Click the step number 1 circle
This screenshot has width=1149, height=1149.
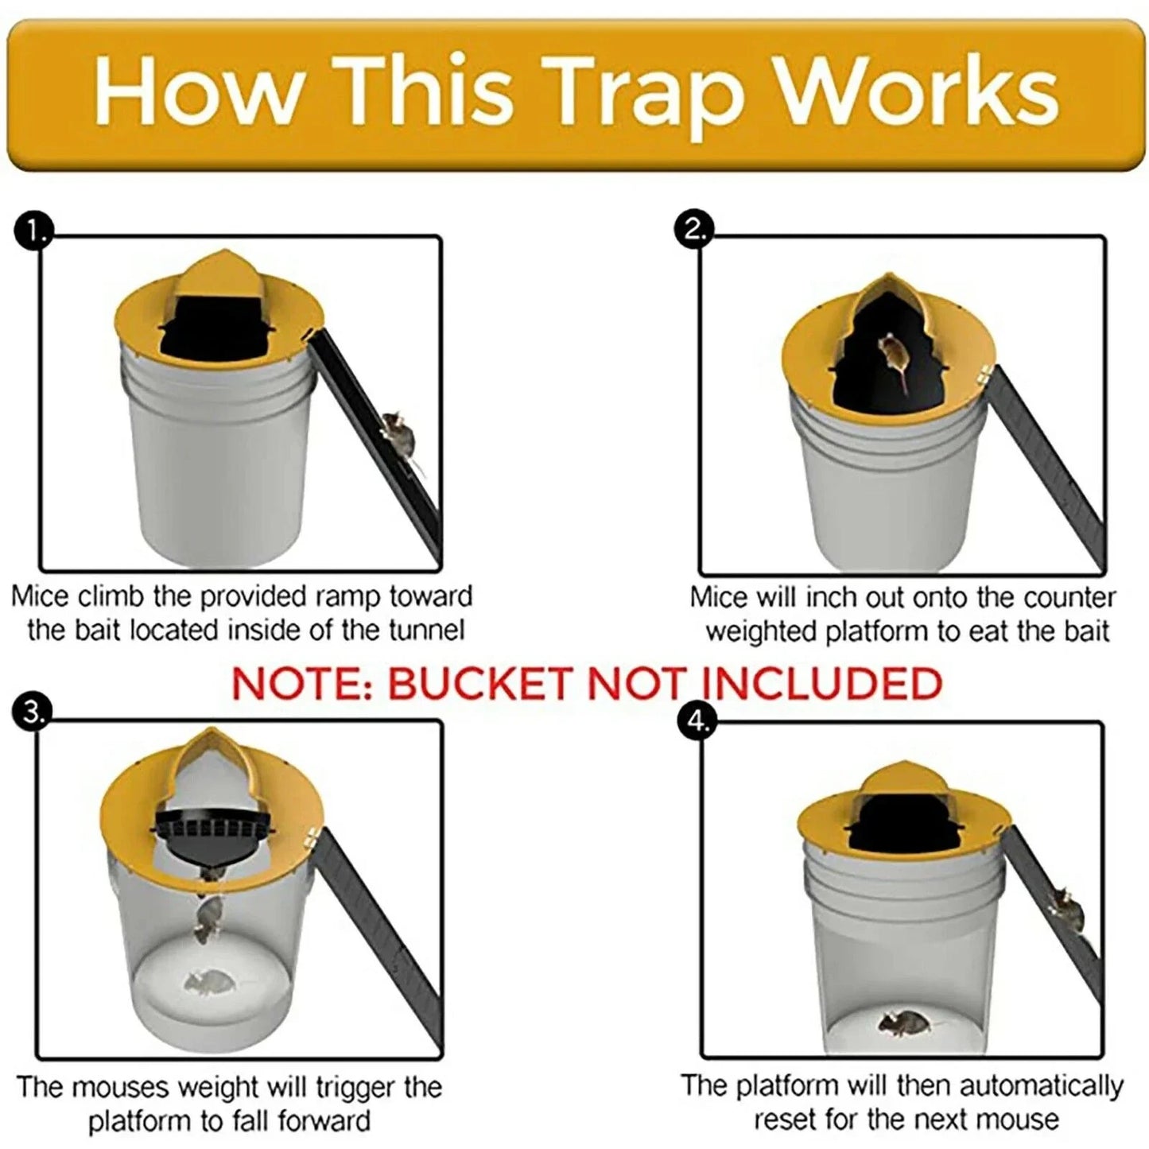[x=33, y=231]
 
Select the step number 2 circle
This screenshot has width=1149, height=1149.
[x=694, y=230]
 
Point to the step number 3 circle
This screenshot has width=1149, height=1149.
[x=32, y=712]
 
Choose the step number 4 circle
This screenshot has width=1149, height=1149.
[x=697, y=722]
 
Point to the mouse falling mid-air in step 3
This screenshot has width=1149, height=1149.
[x=208, y=918]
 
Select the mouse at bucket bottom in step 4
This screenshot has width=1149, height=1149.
[x=901, y=1022]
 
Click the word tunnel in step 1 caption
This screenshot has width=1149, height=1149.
[x=426, y=631]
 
